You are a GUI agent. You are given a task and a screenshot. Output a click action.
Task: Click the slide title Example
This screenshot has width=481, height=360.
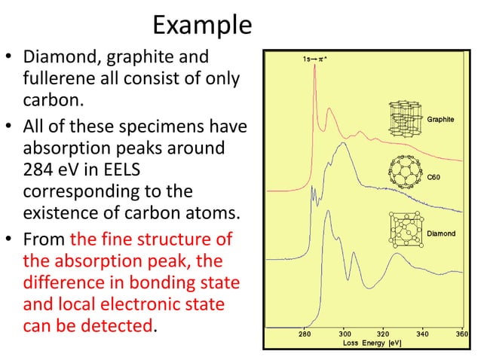[x=201, y=25]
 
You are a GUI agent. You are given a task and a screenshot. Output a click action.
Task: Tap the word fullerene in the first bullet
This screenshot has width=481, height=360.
[x=65, y=78]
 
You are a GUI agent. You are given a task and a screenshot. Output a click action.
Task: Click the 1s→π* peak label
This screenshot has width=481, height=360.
[x=311, y=58]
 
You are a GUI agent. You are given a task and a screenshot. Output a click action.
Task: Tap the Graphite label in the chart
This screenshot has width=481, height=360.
[x=440, y=119]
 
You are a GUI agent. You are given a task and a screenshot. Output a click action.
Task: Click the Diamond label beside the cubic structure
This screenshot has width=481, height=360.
[x=441, y=233]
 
